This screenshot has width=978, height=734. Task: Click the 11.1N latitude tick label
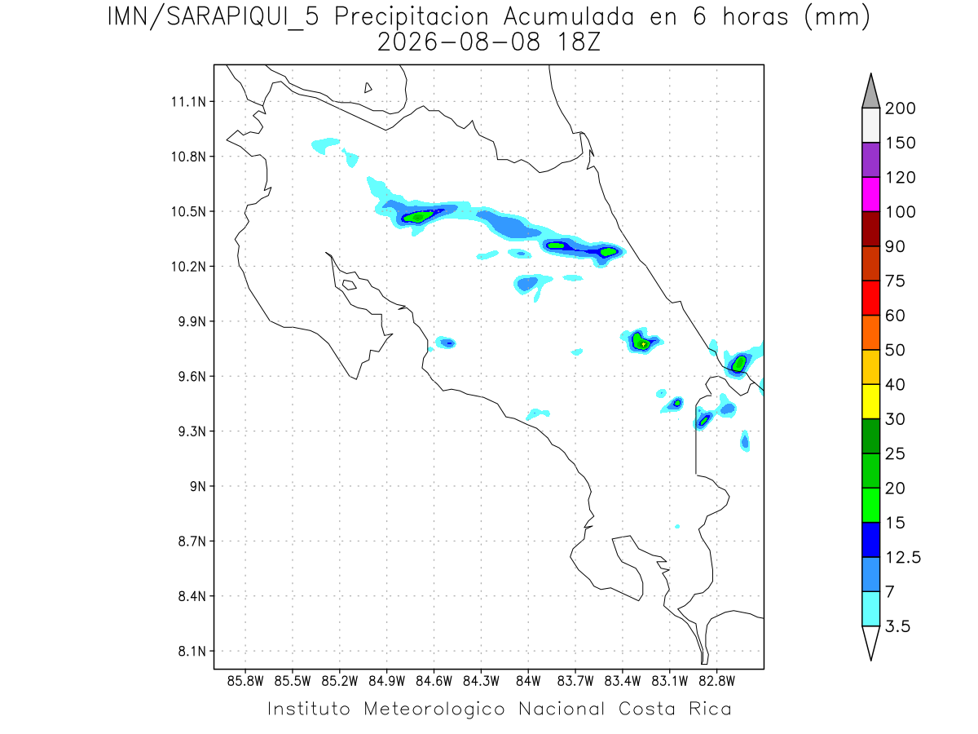point(188,102)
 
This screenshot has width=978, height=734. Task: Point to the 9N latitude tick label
point(198,486)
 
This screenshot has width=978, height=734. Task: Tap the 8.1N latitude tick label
point(192,652)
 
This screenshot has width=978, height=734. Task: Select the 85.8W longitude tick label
point(245,682)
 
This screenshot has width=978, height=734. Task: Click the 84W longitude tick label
point(528,682)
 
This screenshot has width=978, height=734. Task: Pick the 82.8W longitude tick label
point(717,682)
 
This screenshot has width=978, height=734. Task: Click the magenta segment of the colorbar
point(870,194)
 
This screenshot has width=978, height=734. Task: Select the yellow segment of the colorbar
point(870,401)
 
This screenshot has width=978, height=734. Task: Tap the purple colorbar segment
point(870,160)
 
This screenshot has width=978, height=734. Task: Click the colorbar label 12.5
point(903,558)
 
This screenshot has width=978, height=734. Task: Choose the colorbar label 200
point(900,108)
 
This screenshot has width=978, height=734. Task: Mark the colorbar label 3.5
point(897,626)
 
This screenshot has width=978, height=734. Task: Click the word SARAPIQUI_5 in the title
point(243,18)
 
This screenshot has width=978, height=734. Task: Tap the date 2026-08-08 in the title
point(459,42)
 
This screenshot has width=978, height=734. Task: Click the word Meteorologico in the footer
point(434,710)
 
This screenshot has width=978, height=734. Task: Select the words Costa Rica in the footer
point(675,709)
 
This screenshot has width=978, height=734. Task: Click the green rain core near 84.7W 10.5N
point(418,217)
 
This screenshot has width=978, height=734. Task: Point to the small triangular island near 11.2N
point(368,87)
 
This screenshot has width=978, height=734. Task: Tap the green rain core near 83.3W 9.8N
point(641,343)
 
